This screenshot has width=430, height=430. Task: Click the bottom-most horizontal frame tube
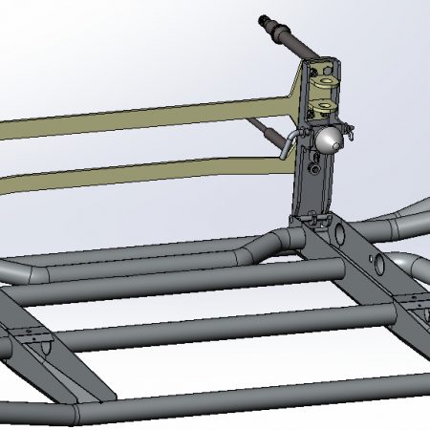239,401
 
